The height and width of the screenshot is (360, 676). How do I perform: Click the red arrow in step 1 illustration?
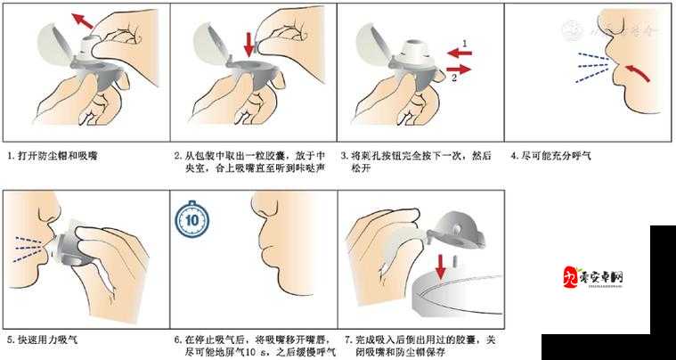pos(84,20)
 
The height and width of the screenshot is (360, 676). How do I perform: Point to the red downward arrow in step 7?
pos(440,265)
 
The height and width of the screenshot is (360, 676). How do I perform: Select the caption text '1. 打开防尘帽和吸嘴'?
pos(52,155)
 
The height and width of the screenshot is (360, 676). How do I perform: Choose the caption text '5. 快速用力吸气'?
pos(43,340)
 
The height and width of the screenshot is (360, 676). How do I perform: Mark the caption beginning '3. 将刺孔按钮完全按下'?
pos(418,161)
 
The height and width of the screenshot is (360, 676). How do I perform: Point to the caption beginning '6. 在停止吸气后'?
pos(255,346)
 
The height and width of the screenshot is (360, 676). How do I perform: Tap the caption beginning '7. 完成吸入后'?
pos(419,346)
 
